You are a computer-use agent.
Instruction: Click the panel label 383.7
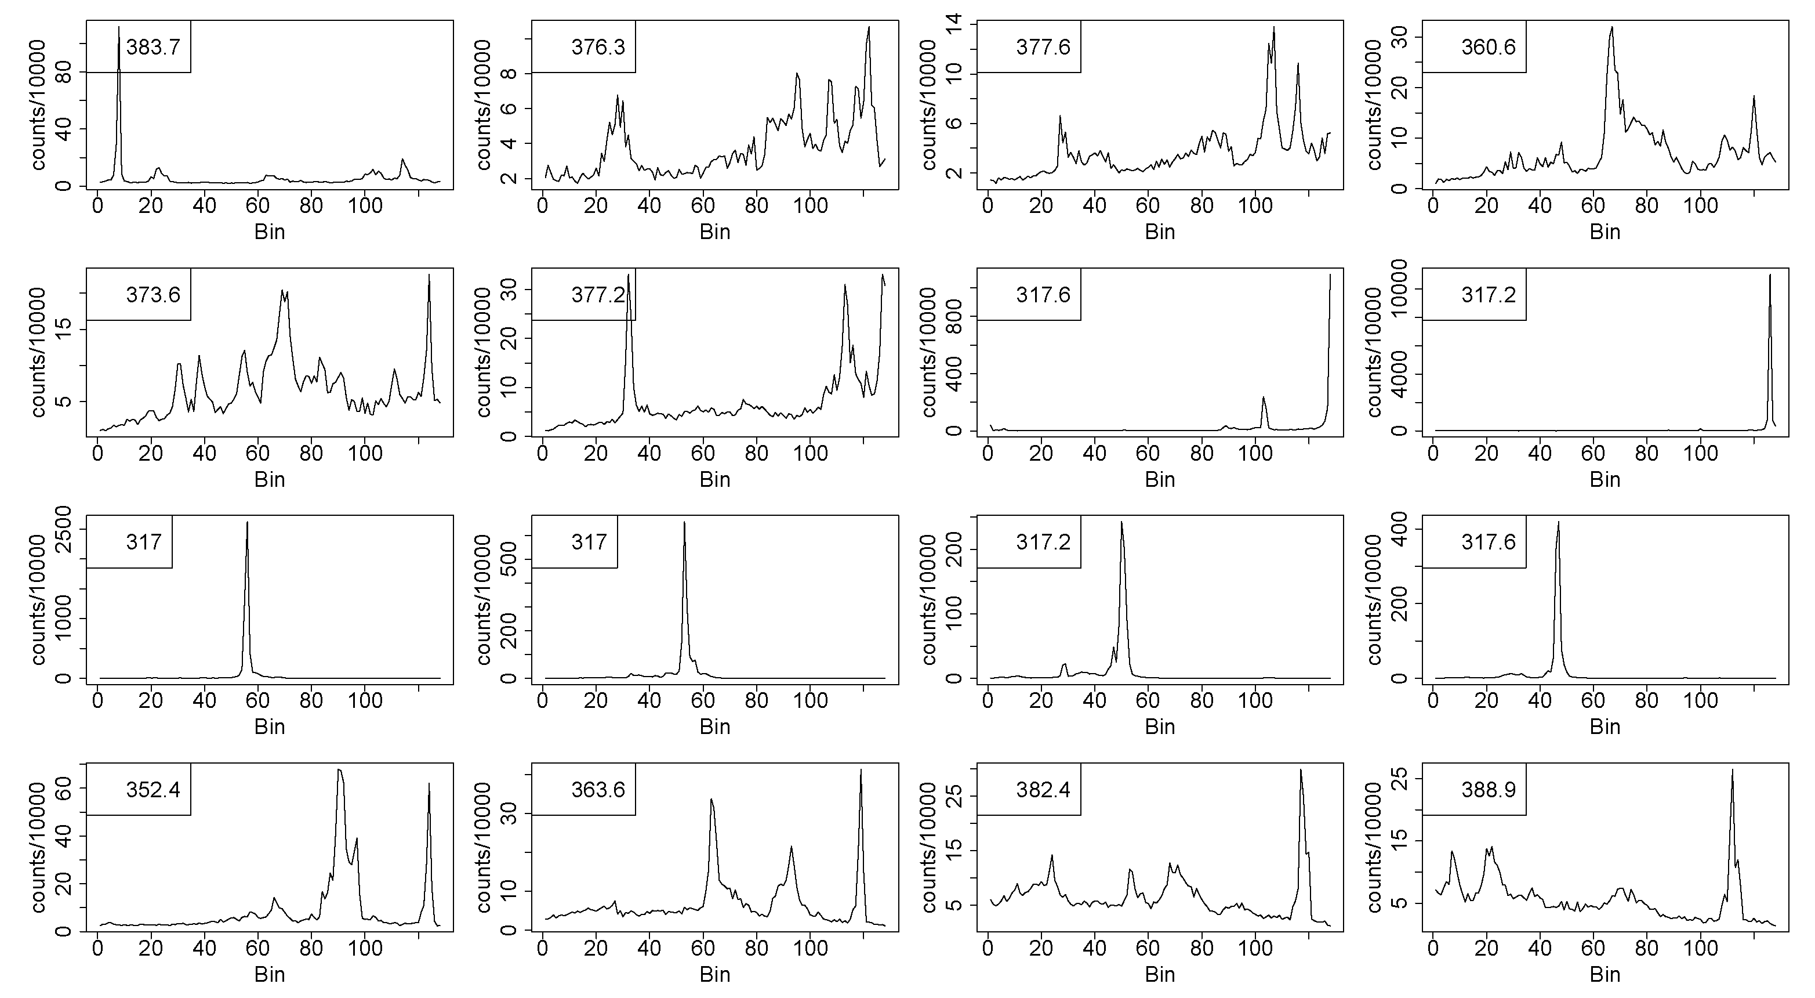click(x=153, y=47)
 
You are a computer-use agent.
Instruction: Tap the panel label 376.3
click(x=598, y=47)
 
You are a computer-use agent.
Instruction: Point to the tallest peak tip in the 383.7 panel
click(x=119, y=27)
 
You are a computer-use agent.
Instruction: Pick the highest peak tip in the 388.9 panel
click(x=1732, y=769)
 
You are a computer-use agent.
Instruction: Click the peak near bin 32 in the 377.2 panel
click(x=629, y=275)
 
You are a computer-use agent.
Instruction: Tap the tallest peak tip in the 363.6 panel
click(x=861, y=769)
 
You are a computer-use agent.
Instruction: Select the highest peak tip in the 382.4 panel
click(x=1301, y=769)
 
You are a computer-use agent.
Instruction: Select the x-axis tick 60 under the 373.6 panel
click(x=258, y=453)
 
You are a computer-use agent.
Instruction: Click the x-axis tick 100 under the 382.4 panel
click(x=1255, y=949)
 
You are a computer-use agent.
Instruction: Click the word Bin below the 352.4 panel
click(x=269, y=975)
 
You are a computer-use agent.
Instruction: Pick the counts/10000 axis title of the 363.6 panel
click(x=484, y=847)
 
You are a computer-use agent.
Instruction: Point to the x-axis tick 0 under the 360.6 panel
click(x=1433, y=206)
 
